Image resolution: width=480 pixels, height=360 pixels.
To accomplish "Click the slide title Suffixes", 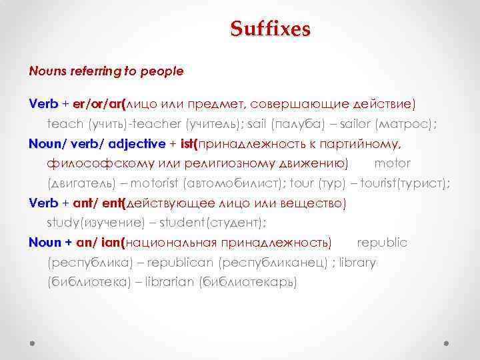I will (270, 29).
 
